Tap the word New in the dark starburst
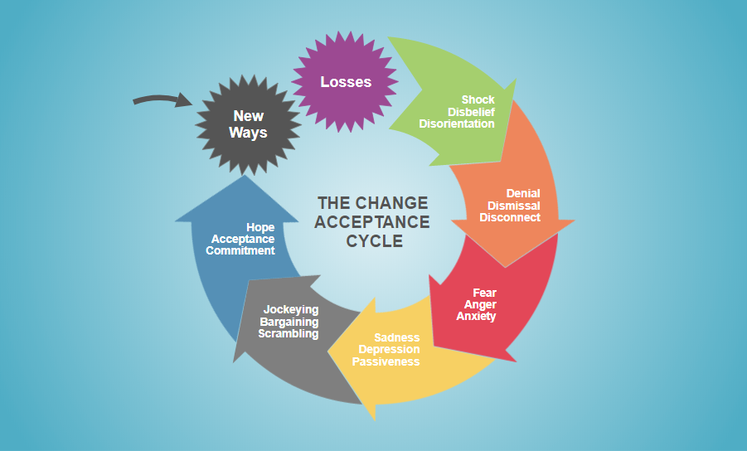point(248,117)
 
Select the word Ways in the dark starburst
point(248,133)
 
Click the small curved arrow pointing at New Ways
point(162,101)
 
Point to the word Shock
point(478,100)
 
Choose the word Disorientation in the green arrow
point(457,124)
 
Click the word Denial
point(523,194)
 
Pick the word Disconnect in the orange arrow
point(510,217)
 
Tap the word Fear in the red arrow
point(484,293)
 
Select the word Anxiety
point(476,316)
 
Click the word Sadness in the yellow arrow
point(396,338)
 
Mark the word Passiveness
point(386,361)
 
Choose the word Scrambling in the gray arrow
point(288,333)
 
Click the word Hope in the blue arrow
point(260,227)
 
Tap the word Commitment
point(240,250)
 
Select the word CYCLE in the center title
point(374,241)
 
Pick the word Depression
point(389,350)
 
